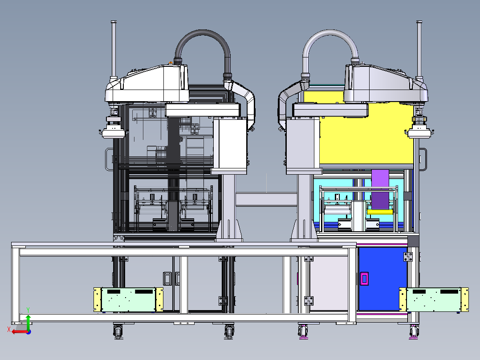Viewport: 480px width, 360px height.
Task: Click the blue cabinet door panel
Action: pyautogui.click(x=382, y=279)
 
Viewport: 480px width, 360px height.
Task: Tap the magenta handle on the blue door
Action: pyautogui.click(x=364, y=278)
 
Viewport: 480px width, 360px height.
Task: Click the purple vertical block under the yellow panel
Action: pyautogui.click(x=380, y=189)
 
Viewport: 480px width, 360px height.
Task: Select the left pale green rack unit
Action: pyautogui.click(x=128, y=299)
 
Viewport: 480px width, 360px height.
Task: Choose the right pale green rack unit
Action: pyautogui.click(x=434, y=299)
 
